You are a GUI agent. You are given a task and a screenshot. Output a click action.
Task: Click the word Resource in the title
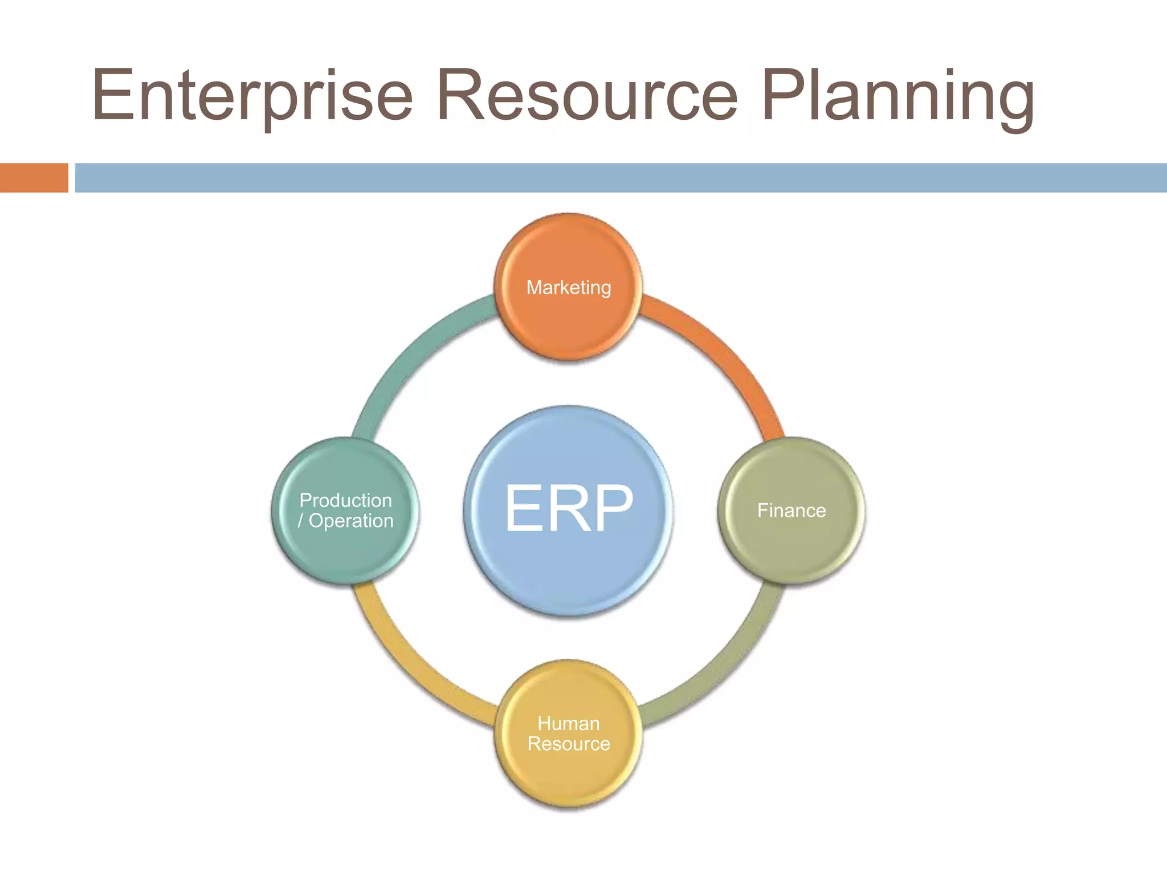(587, 95)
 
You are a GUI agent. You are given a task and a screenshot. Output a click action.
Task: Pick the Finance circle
(791, 542)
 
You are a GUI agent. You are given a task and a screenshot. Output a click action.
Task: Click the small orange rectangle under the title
(34, 177)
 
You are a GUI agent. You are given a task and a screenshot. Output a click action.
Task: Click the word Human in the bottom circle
(569, 723)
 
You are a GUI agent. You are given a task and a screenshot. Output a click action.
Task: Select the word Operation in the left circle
(351, 521)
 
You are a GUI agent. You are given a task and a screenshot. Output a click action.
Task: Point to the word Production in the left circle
(345, 500)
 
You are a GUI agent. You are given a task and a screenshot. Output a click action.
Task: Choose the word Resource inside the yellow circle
(569, 744)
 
